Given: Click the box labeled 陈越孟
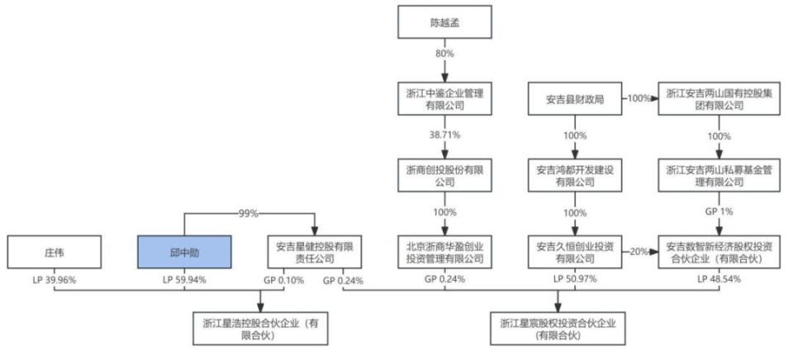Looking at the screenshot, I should (444, 21).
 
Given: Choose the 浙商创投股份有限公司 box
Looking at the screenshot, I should (444, 175).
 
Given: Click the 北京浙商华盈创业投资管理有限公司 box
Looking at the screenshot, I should (444, 252).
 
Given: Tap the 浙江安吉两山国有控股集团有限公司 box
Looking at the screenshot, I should (716, 99).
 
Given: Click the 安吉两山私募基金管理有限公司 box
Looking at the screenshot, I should (716, 175).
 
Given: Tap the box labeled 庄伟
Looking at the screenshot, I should (52, 252).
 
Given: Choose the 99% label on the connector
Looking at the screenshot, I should (249, 213).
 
